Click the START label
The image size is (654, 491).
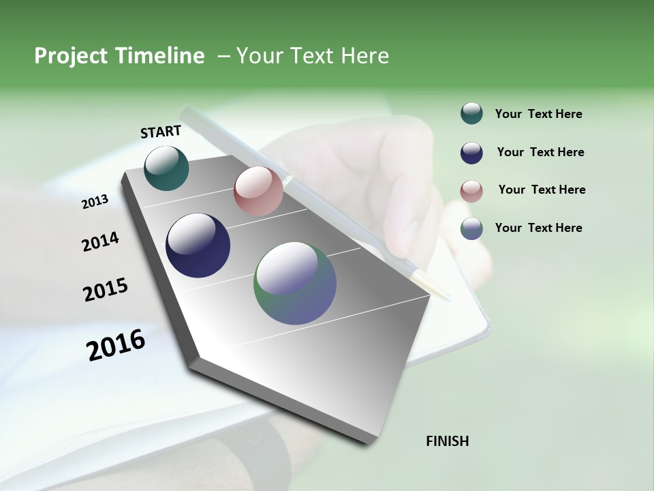[x=161, y=132]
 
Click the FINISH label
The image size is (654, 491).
[x=448, y=441]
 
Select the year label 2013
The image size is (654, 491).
[x=95, y=202]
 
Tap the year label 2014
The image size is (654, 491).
[x=100, y=241]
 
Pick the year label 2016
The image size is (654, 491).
[x=116, y=345]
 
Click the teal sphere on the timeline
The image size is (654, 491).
[x=166, y=168]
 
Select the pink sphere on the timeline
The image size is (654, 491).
[x=258, y=191]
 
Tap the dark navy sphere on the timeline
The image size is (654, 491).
[x=198, y=245]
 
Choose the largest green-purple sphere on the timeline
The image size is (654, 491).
[x=295, y=283]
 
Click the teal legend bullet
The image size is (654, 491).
[x=471, y=114]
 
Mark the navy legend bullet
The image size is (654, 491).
[x=471, y=153]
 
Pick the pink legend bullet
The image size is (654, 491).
[x=471, y=191]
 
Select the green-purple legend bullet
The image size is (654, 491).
[x=471, y=228]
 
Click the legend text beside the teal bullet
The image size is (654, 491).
[x=538, y=115]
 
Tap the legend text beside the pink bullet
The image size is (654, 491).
[x=542, y=190]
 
